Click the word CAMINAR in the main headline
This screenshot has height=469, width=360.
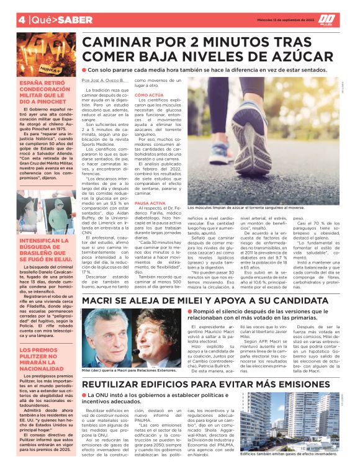[x=119, y=42]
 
